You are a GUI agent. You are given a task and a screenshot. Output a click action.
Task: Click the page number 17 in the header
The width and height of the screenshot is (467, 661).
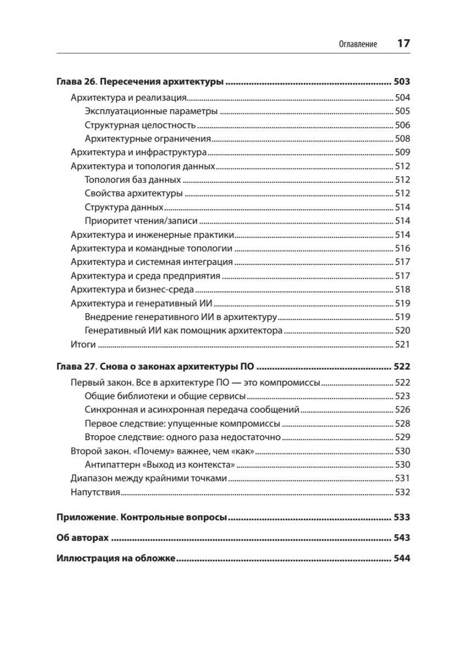click(403, 44)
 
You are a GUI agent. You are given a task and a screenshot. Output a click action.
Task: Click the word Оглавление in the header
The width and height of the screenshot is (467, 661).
click(358, 45)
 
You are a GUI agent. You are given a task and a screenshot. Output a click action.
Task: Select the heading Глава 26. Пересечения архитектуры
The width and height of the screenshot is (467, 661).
click(140, 83)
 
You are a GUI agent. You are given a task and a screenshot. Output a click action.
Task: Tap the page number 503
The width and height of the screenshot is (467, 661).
click(402, 83)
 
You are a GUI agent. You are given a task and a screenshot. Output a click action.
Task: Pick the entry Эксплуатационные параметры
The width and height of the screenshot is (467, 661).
click(151, 112)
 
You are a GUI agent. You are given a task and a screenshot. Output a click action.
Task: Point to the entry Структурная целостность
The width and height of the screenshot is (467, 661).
click(140, 125)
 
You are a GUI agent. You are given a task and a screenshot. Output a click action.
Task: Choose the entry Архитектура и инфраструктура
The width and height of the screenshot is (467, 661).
click(139, 153)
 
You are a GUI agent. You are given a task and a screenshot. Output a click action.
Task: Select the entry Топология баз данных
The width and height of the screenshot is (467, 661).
click(133, 180)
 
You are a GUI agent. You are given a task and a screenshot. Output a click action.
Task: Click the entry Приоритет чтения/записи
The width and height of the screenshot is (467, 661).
click(141, 221)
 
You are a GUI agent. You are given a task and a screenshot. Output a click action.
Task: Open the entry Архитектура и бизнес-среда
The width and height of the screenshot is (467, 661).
click(133, 290)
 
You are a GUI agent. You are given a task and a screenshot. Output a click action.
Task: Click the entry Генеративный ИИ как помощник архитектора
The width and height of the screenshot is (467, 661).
click(184, 331)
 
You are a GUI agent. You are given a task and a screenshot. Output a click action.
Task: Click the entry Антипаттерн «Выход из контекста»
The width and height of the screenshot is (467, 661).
click(161, 465)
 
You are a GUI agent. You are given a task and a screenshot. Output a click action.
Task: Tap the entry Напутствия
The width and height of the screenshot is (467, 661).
click(96, 492)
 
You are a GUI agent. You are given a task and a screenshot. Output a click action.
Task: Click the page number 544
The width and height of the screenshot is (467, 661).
click(402, 559)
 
